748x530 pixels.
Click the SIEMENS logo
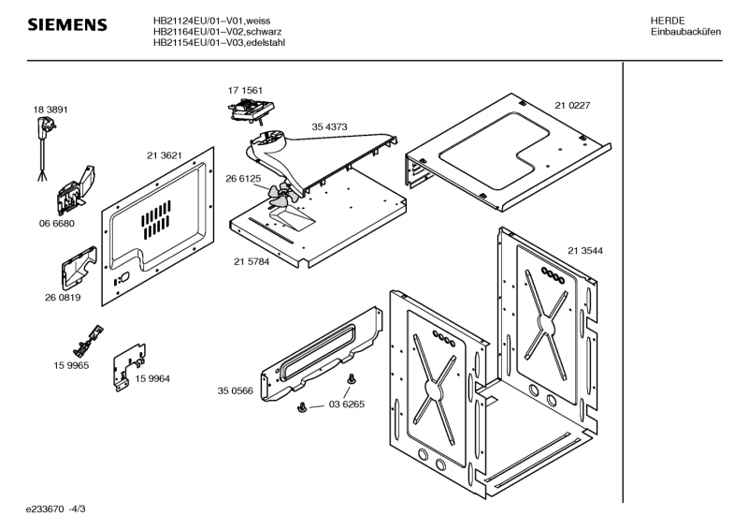pyautogui.click(x=65, y=23)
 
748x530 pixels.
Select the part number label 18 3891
pyautogui.click(x=50, y=110)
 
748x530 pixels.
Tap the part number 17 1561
pyautogui.click(x=245, y=90)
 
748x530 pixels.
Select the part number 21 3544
pyautogui.click(x=584, y=250)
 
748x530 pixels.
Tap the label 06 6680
pyautogui.click(x=56, y=224)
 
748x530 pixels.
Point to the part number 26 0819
pyautogui.click(x=62, y=299)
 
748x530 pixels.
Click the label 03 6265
pyautogui.click(x=345, y=405)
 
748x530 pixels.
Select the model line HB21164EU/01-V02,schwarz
pyautogui.click(x=220, y=31)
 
